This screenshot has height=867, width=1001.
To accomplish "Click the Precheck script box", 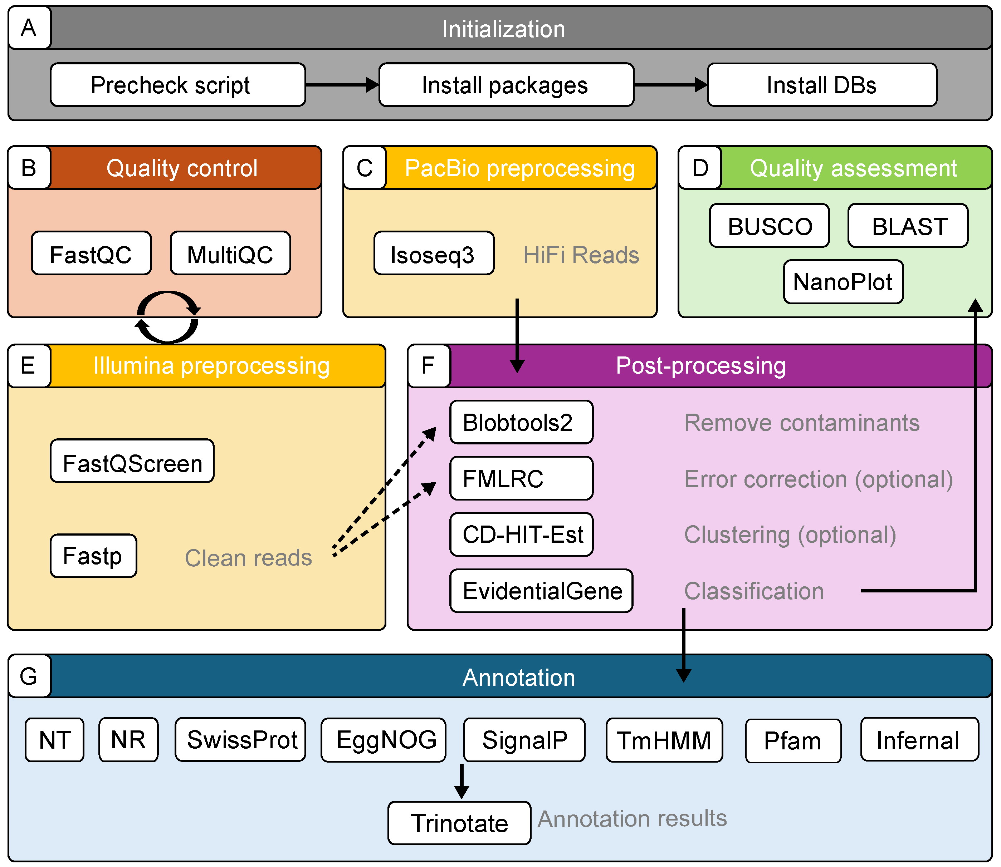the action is coord(178,85).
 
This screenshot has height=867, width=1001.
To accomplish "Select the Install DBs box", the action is coord(822,85).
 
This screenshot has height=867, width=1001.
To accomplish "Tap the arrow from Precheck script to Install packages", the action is coord(342,85).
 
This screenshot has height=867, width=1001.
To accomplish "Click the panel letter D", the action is coord(700,168).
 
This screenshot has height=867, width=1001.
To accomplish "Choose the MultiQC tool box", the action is coord(230,253).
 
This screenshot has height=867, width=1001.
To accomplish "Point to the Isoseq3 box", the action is coord(434,253).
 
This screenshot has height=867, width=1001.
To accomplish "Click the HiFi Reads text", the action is coord(581,255).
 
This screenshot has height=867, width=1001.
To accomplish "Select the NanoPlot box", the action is coord(843,282).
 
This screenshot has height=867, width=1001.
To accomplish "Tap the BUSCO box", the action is coord(770,226).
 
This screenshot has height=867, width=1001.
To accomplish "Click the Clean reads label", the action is coord(248,557).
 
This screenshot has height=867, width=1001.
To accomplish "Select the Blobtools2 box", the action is coord(521,422).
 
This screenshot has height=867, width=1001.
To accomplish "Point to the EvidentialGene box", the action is coord(541,591).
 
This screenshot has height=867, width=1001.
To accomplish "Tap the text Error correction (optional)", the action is coord(819,479).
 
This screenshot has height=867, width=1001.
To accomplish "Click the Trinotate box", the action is coord(459,823).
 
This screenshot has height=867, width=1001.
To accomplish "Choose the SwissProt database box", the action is coord(240,740).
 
